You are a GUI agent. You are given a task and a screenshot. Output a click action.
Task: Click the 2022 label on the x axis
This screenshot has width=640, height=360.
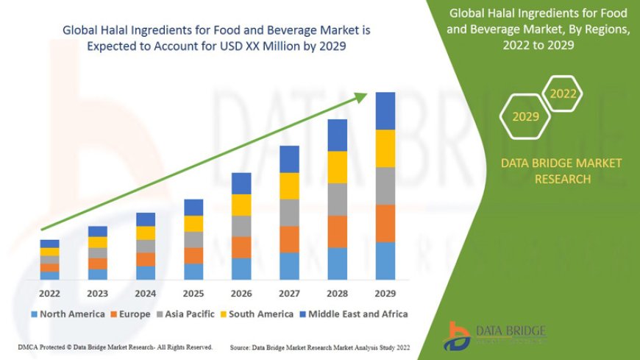pyautogui.click(x=49, y=292)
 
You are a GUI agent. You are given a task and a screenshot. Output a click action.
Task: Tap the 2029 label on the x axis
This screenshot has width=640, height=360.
pyautogui.click(x=385, y=292)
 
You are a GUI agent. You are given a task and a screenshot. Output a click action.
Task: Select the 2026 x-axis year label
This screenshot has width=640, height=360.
pyautogui.click(x=241, y=292)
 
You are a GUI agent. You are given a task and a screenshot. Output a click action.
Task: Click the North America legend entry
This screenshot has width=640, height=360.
pyautogui.click(x=67, y=314)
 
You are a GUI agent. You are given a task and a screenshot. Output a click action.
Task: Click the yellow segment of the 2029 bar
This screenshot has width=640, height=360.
pyautogui.click(x=385, y=149)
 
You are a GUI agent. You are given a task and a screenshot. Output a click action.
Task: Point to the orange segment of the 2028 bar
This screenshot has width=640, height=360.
pyautogui.click(x=337, y=231)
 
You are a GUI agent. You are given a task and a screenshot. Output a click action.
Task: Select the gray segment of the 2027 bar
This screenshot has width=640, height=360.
pyautogui.click(x=289, y=212)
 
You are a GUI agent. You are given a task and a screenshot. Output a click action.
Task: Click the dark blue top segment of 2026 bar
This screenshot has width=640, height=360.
pyautogui.click(x=241, y=183)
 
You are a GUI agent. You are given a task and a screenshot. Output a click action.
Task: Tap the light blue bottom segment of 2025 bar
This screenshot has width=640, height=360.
pyautogui.click(x=193, y=272)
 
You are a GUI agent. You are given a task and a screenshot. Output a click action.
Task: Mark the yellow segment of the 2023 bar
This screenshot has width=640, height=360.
pyautogui.click(x=98, y=242)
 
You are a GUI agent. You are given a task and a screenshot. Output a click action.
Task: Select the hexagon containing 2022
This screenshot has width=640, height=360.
pyautogui.click(x=563, y=93)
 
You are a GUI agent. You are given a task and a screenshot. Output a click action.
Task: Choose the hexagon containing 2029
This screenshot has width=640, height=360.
pyautogui.click(x=525, y=116)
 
